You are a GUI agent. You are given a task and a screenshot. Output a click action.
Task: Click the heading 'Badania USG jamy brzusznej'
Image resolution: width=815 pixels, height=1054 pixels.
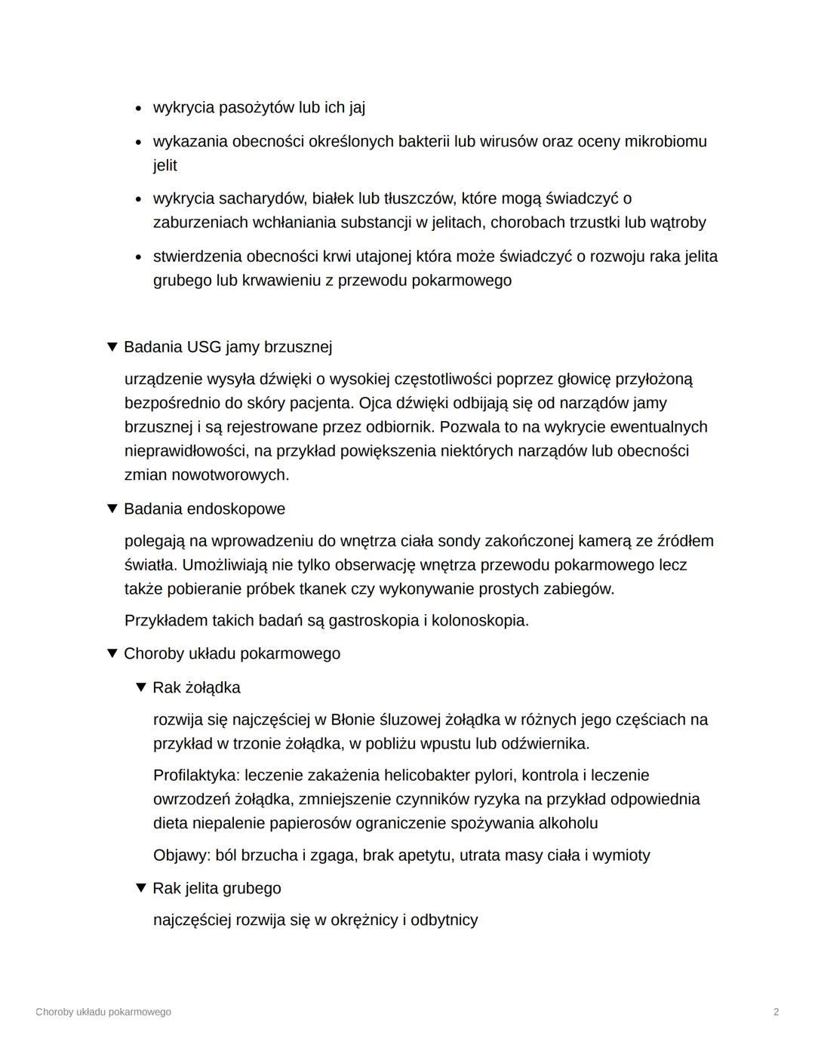(227, 347)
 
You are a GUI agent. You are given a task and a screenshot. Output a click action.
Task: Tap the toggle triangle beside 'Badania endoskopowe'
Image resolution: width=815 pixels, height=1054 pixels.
(112, 509)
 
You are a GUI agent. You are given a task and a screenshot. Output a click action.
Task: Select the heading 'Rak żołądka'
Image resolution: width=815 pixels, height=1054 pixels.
(196, 687)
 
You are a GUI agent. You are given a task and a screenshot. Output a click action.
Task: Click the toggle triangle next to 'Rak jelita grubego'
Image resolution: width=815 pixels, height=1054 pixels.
(141, 888)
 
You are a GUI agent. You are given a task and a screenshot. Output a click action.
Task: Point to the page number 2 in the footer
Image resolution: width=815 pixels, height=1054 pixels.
(776, 1012)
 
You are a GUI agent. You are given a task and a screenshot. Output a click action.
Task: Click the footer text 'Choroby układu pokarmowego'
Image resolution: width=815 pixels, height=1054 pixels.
(103, 1012)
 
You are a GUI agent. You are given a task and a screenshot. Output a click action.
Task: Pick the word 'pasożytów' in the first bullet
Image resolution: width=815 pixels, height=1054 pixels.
(256, 107)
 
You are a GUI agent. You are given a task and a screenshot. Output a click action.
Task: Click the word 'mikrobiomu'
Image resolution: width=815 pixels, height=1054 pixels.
(665, 141)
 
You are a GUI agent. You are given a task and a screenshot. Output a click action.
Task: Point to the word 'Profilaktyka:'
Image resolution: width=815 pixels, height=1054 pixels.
(196, 775)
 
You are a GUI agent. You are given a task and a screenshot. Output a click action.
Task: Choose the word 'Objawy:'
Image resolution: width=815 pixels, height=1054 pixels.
(182, 855)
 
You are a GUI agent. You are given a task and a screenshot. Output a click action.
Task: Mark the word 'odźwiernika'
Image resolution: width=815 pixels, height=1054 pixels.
(545, 743)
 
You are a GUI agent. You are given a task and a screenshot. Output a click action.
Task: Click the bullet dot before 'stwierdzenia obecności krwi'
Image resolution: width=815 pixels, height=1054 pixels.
(138, 257)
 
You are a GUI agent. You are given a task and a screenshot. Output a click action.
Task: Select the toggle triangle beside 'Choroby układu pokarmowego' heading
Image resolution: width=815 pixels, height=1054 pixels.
(112, 653)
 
